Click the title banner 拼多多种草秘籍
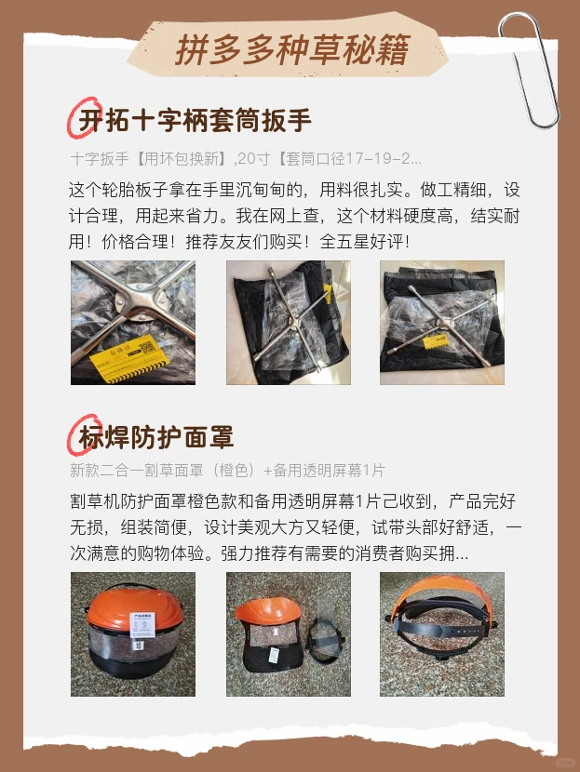coord(291,49)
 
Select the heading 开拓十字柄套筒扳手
coord(195,120)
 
